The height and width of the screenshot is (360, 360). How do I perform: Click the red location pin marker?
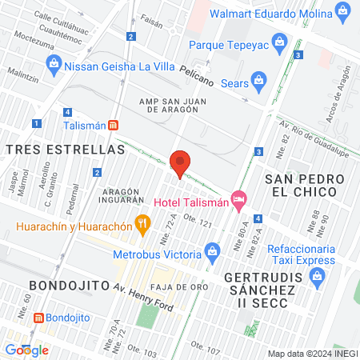[x=180, y=163]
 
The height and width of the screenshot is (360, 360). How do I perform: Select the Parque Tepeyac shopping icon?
[x=280, y=40]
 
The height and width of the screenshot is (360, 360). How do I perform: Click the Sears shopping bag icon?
[x=258, y=79]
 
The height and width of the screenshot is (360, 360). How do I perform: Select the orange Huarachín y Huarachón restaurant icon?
[x=143, y=223]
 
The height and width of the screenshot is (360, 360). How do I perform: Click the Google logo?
[x=26, y=350]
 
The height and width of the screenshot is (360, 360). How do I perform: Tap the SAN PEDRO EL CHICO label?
[x=307, y=185]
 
